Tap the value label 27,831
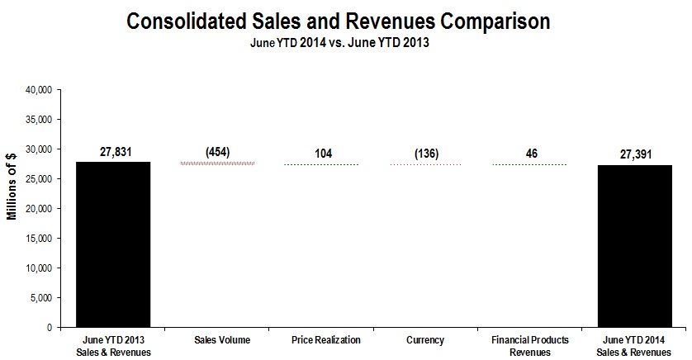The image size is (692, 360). click(112, 151)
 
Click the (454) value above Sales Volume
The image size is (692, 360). click(217, 152)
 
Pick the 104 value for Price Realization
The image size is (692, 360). click(321, 154)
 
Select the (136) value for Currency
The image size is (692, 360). click(426, 154)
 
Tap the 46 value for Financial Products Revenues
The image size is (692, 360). click(530, 154)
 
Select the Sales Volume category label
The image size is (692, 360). click(217, 340)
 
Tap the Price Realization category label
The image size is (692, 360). click(321, 340)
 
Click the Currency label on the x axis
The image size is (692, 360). click(426, 340)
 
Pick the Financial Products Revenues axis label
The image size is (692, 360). click(530, 344)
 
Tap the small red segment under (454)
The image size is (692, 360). click(217, 163)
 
